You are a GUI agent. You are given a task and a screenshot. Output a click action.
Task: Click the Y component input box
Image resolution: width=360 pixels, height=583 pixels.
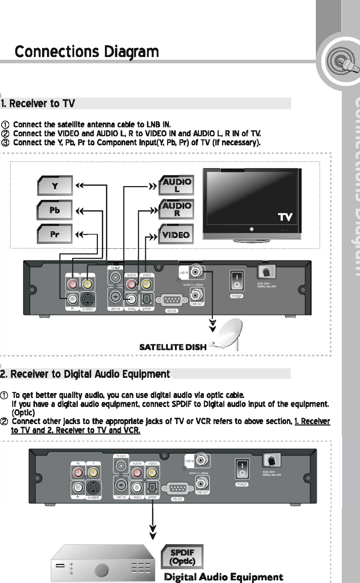click(55, 186)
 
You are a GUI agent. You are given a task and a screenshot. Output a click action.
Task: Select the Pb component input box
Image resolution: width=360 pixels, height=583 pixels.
click(55, 210)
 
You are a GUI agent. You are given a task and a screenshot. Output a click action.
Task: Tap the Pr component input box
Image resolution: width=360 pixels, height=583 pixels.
click(55, 234)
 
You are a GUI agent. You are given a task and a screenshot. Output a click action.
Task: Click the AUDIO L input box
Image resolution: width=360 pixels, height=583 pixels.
click(177, 185)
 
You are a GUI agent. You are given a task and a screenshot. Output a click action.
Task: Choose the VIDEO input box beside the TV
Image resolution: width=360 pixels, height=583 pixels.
click(176, 234)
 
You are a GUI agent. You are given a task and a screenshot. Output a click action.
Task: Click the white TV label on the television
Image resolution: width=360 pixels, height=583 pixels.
click(285, 217)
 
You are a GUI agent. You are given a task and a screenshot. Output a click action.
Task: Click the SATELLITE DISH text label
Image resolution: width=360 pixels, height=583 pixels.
click(173, 347)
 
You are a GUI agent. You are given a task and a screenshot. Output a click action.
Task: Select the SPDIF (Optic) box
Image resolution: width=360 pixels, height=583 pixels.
click(182, 557)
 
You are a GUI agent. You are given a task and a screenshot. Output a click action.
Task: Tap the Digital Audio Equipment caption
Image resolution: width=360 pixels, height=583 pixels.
click(224, 577)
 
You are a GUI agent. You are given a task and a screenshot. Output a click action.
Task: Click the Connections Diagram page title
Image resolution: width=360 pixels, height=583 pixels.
click(87, 52)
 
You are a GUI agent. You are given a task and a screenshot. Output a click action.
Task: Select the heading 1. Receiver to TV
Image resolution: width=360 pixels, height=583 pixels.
click(38, 103)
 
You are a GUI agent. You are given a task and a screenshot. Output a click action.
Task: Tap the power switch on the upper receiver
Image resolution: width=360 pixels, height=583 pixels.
click(236, 280)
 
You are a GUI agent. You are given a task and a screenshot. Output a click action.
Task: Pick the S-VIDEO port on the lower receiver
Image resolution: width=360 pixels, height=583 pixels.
click(93, 488)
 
